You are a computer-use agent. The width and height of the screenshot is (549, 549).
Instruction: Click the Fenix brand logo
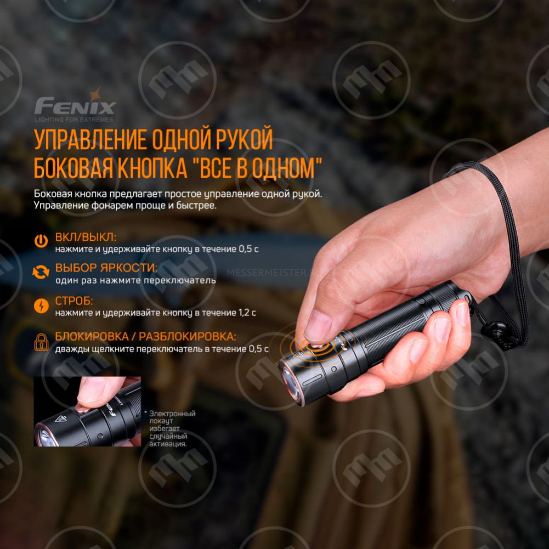(x=75, y=105)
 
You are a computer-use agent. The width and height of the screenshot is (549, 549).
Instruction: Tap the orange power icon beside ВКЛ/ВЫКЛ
(x=41, y=241)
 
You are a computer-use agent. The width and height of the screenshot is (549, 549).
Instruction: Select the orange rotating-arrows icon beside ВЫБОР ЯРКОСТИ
(x=41, y=272)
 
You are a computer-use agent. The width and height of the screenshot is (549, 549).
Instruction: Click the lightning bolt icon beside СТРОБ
(x=41, y=305)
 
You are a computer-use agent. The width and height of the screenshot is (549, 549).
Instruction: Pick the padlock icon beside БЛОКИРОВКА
(x=41, y=342)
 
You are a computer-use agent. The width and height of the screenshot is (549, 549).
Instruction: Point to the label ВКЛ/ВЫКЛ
(x=86, y=237)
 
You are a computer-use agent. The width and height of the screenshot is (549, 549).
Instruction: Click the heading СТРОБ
(x=74, y=301)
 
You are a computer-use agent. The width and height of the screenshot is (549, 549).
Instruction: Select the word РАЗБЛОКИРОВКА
(x=188, y=336)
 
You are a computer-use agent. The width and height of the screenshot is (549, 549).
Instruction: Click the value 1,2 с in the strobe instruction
(x=247, y=313)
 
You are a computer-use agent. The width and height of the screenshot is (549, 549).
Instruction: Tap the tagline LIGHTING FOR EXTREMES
(x=74, y=120)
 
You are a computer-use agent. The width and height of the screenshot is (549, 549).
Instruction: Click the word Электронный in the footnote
(x=172, y=414)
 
